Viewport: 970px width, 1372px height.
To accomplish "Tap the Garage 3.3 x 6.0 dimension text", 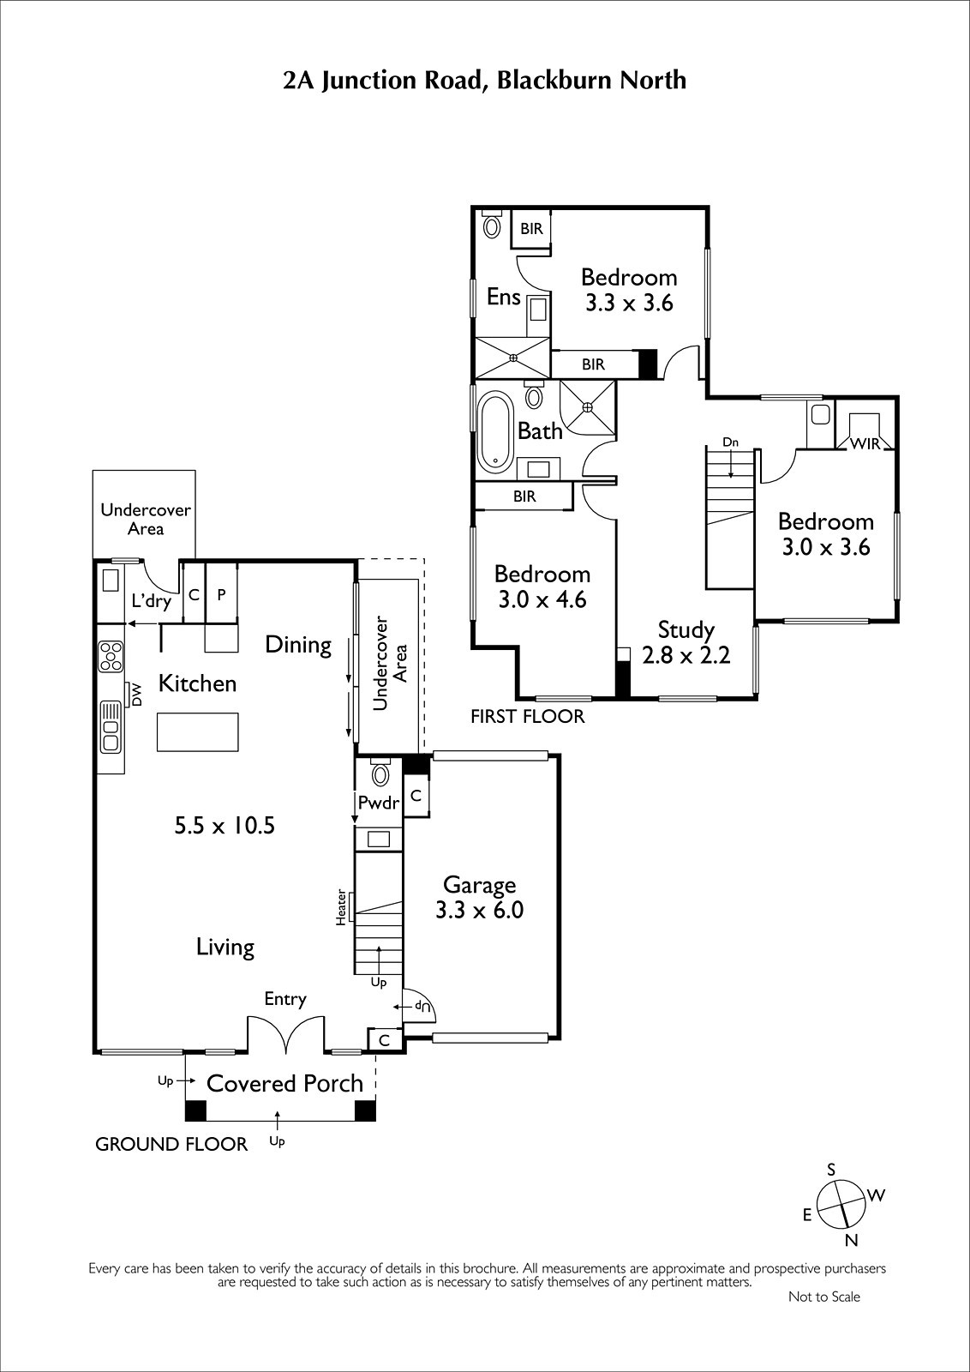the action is tap(479, 910).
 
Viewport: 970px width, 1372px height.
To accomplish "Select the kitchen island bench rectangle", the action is tap(198, 731).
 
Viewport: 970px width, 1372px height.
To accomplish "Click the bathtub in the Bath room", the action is tap(494, 432).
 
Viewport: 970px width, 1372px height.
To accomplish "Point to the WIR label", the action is tap(865, 443).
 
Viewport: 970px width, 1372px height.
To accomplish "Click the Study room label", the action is tap(686, 629).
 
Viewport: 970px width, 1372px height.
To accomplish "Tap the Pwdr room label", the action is tap(378, 803).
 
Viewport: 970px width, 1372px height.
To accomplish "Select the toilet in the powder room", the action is tap(380, 773).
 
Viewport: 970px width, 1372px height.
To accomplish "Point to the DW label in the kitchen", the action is tap(136, 695).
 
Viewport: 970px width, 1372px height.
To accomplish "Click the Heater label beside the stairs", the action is tap(341, 907).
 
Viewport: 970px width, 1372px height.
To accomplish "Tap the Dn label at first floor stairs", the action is tap(730, 442).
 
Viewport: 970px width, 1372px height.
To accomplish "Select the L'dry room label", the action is tap(151, 601).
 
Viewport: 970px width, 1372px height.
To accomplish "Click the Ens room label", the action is tap(504, 297).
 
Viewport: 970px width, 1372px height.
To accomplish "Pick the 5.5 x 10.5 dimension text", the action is tap(225, 826).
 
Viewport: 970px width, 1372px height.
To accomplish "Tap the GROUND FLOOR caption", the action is tap(171, 1144).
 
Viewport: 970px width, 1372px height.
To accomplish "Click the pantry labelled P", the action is tap(222, 593).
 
